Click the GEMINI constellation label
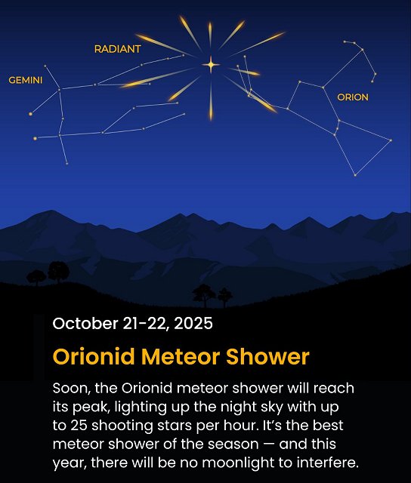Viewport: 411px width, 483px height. [25, 80]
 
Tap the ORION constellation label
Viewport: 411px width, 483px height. [352, 97]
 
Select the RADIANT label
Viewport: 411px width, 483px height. [117, 49]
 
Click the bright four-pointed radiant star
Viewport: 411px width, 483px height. [210, 65]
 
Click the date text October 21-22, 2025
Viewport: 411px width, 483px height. [132, 324]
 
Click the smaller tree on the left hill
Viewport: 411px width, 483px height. [35, 277]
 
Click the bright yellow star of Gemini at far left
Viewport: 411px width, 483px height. [31, 114]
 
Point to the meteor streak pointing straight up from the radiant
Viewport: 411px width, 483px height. [210, 34]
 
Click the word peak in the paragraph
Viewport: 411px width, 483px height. [92, 408]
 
